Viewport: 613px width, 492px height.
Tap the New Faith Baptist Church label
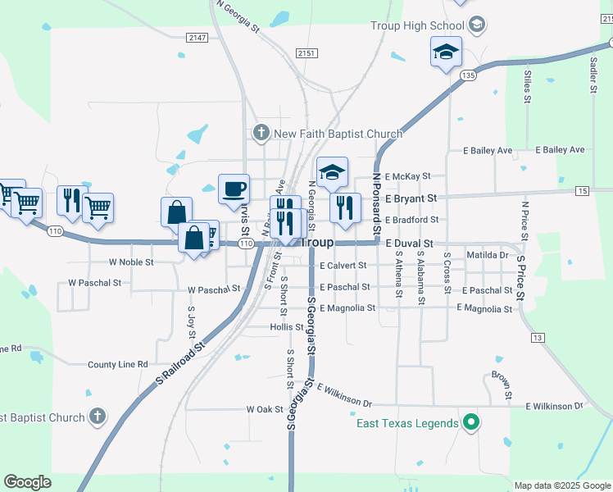(x=338, y=134)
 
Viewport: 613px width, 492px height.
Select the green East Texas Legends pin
(x=470, y=423)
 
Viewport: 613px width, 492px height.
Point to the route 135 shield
(x=468, y=75)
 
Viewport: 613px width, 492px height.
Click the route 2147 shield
(x=197, y=38)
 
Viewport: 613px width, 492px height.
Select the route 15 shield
(x=582, y=191)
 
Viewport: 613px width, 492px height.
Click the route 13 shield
(x=538, y=338)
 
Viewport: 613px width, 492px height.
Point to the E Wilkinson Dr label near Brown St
(x=554, y=406)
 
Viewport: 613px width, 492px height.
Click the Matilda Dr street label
(x=487, y=255)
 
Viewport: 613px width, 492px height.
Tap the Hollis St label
(x=287, y=327)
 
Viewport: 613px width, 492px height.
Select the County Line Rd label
(x=117, y=364)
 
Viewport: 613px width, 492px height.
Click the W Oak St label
(x=264, y=409)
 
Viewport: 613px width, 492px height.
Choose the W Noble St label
(x=131, y=262)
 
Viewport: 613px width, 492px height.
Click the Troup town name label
(x=316, y=244)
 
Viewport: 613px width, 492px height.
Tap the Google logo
(x=27, y=482)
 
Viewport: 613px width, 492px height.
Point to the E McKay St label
(x=411, y=176)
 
